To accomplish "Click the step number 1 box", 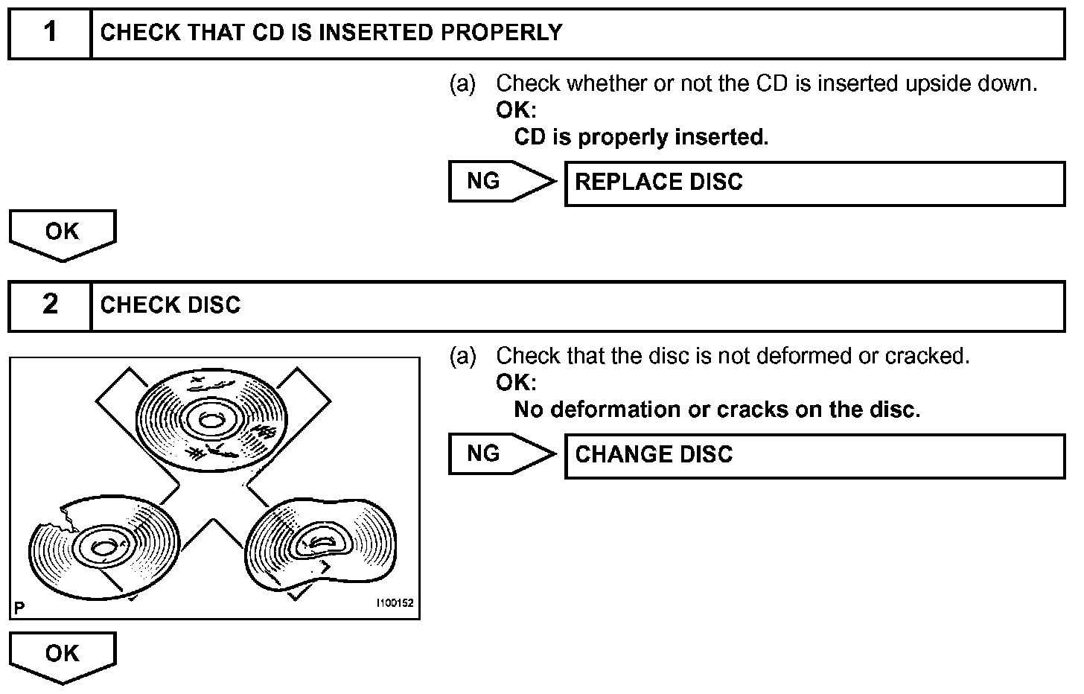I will tap(50, 33).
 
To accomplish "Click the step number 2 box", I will tap(50, 305).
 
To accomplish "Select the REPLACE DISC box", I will tap(814, 183).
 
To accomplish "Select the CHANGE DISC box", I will tap(814, 456).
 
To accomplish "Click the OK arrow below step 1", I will tap(63, 234).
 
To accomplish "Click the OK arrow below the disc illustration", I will tap(63, 655).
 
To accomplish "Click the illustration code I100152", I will tap(395, 604).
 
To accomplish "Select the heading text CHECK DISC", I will tap(170, 305).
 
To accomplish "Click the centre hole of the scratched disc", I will tap(211, 421).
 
